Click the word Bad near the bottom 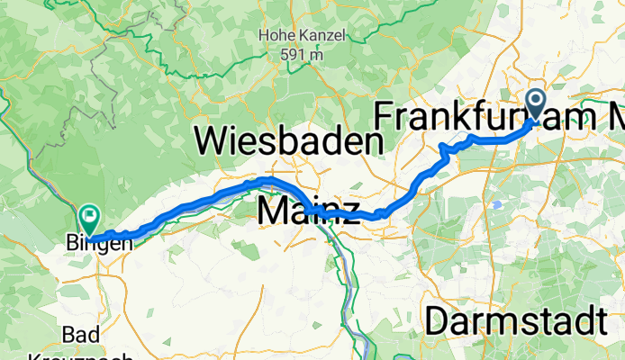pos(80,335)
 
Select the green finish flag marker pos(89,217)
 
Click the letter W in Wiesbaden pos(213,142)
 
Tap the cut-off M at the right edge pos(618,117)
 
